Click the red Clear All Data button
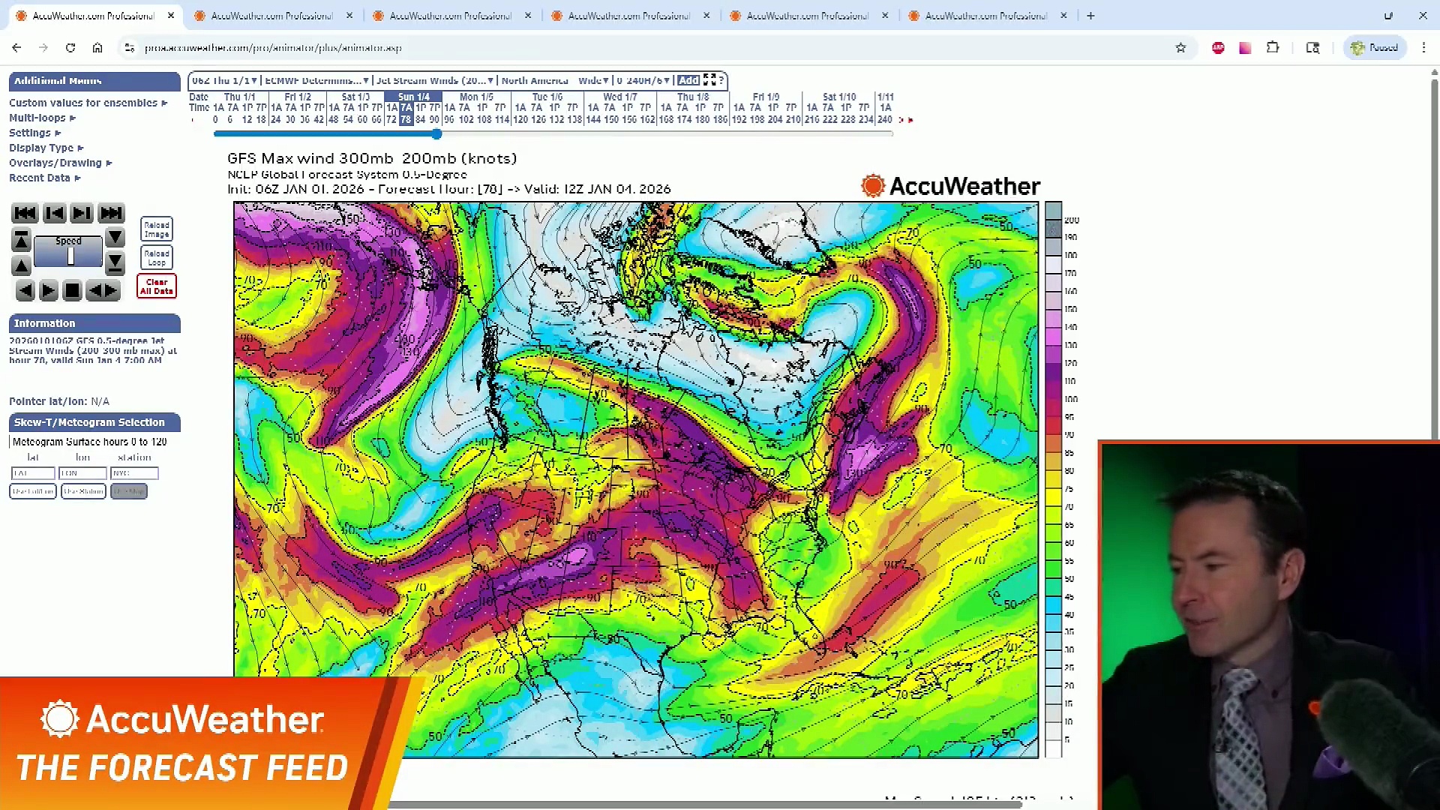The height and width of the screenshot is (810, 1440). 156,286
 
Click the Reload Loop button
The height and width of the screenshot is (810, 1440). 156,258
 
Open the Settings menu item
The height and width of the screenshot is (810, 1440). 30,133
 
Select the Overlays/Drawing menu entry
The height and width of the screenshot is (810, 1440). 55,163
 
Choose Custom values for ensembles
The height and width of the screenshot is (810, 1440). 83,103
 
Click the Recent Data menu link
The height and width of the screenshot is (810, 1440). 40,178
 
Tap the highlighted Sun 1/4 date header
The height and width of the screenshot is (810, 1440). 413,97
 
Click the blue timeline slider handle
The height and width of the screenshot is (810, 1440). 436,134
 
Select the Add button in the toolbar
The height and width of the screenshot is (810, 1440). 688,80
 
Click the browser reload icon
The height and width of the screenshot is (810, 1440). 70,47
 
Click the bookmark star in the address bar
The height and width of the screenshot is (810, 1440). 1180,47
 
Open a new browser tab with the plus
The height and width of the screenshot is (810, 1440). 1090,15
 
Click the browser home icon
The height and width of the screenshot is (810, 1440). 97,47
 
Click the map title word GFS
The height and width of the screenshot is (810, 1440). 241,158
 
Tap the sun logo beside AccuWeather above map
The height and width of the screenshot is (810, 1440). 873,185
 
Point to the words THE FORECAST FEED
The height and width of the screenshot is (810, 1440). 182,768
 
